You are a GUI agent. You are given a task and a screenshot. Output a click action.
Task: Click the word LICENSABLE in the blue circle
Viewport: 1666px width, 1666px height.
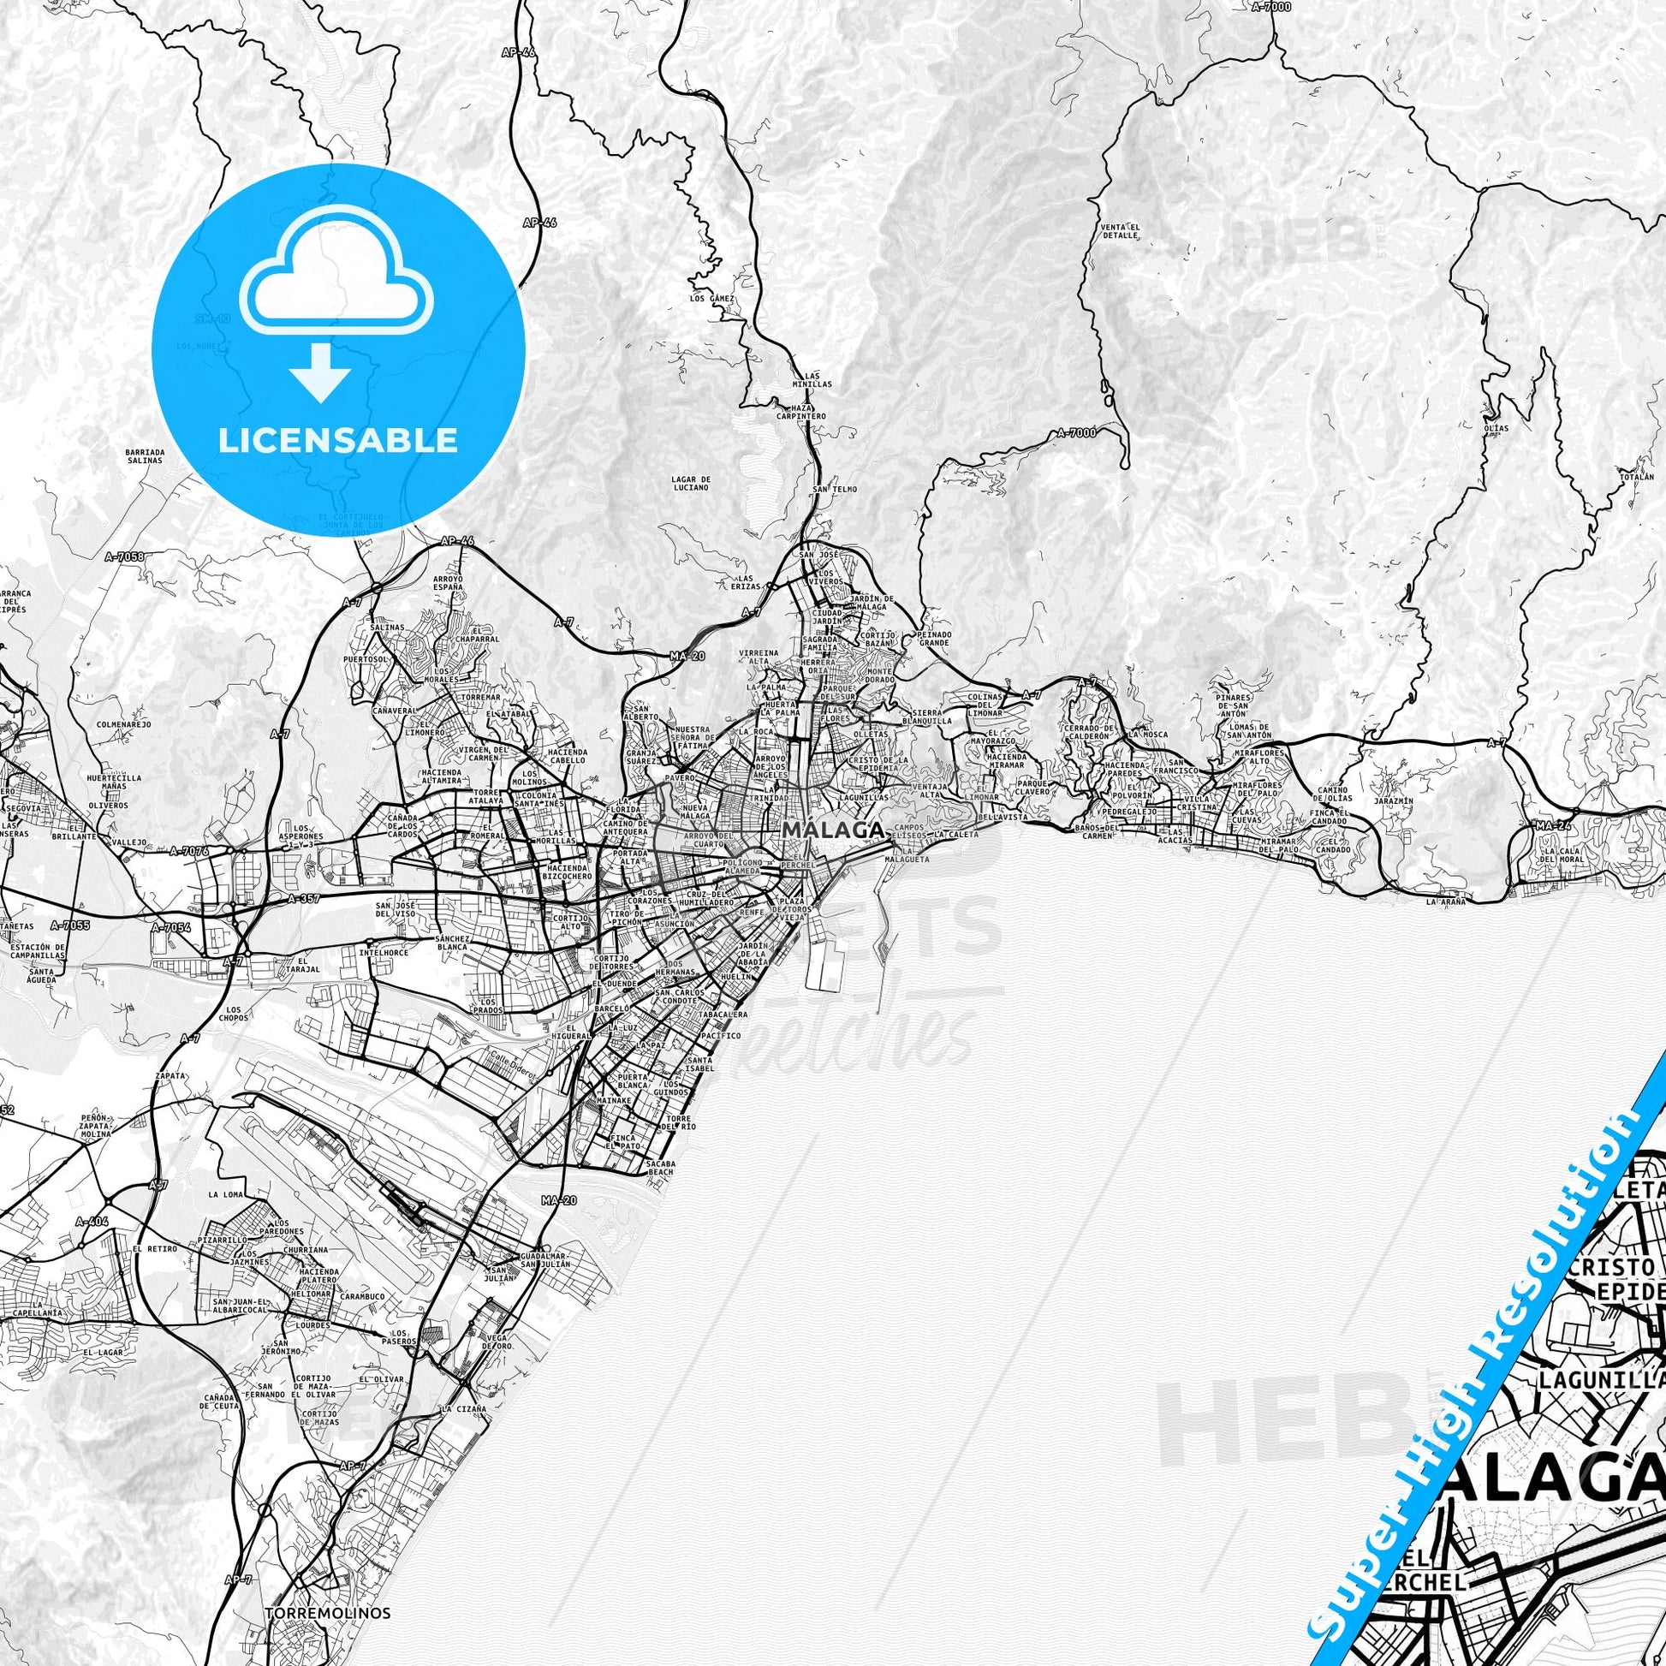pyautogui.click(x=338, y=440)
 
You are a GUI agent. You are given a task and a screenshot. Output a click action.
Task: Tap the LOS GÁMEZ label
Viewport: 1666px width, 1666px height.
pyautogui.click(x=711, y=299)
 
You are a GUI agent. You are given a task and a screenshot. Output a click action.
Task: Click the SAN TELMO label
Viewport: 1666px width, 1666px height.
pyautogui.click(x=834, y=489)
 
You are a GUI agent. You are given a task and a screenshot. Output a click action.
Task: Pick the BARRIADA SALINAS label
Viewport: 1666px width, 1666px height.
pyautogui.click(x=144, y=456)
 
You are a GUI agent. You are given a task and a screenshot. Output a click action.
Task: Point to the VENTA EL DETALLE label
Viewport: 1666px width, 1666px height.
pyautogui.click(x=1120, y=230)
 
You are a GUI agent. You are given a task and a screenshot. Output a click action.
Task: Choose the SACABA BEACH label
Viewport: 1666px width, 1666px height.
pyautogui.click(x=660, y=1169)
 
